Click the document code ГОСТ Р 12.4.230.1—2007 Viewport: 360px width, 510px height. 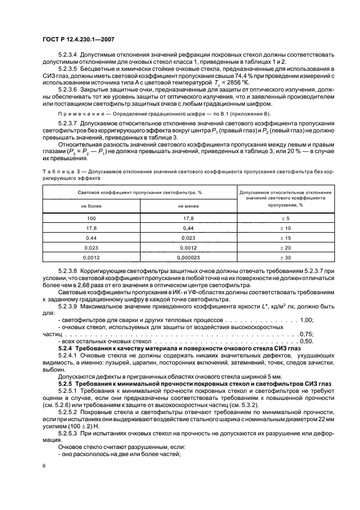[77, 39]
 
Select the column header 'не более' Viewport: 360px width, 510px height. [91, 207]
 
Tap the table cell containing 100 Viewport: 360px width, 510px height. [91, 218]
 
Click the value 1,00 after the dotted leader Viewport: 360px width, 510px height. [307, 320]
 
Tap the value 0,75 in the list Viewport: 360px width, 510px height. [307, 333]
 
